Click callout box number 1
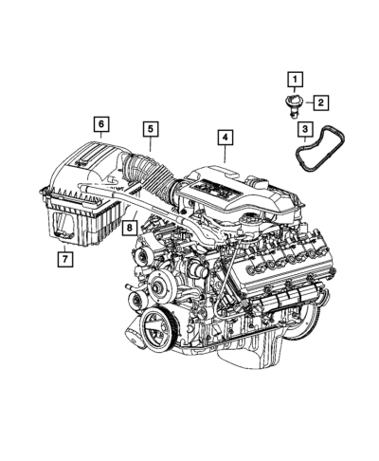click(295, 80)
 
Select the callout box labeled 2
click(321, 102)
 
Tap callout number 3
click(305, 129)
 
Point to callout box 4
click(225, 138)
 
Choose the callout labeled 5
click(151, 129)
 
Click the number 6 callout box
click(101, 124)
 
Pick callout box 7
click(65, 259)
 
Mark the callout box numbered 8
click(130, 228)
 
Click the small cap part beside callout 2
click(292, 104)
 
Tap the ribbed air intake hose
click(149, 174)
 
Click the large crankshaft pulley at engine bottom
click(155, 329)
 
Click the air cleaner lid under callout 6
click(85, 168)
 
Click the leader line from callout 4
click(225, 154)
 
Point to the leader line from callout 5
click(151, 144)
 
